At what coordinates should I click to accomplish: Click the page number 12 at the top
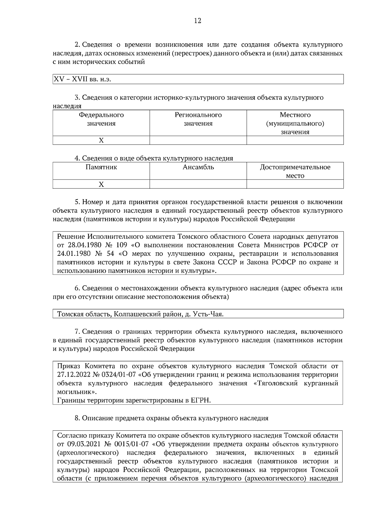point(198,21)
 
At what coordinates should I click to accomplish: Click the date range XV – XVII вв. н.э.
point(82,79)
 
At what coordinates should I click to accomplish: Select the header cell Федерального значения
point(101,119)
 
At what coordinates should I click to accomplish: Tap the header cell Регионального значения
point(198,119)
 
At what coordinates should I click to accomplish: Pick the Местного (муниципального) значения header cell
point(295,123)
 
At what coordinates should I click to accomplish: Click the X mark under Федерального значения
point(101,140)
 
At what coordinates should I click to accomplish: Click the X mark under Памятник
point(101,184)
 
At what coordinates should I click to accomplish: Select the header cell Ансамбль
point(198,168)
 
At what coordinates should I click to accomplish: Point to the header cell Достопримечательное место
point(295,171)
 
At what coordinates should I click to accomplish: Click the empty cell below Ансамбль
point(198,184)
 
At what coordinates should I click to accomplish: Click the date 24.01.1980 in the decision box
point(73,254)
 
